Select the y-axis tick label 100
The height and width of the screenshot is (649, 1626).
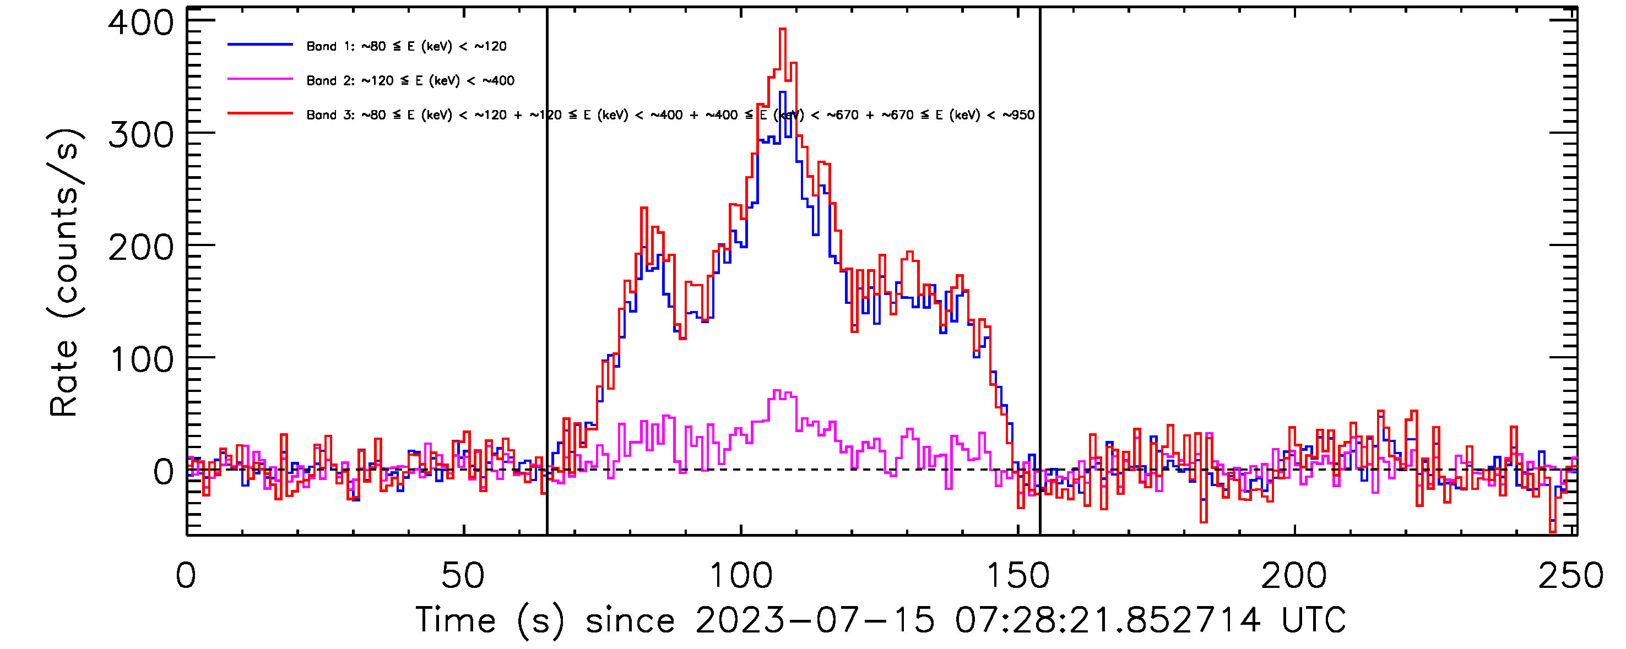pyautogui.click(x=142, y=360)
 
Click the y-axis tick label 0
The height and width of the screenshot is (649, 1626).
pyautogui.click(x=164, y=472)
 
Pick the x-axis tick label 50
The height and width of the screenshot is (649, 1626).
pyautogui.click(x=463, y=576)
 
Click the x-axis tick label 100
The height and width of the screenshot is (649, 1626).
pyautogui.click(x=740, y=576)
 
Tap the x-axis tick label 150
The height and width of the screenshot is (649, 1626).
pyautogui.click(x=1017, y=576)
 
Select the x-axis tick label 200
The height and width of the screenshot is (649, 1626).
pyautogui.click(x=1293, y=576)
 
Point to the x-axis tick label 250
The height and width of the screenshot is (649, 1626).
pyautogui.click(x=1570, y=576)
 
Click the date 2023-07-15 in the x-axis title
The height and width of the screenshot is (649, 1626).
pyautogui.click(x=814, y=620)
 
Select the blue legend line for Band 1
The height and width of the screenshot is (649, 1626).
pyautogui.click(x=260, y=45)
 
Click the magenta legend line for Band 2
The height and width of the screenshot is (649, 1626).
pyautogui.click(x=260, y=79)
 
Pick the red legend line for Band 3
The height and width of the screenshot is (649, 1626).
pyautogui.click(x=260, y=113)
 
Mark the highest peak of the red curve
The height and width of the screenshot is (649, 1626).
pyautogui.click(x=782, y=29)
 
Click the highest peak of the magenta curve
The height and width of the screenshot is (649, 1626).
pyautogui.click(x=777, y=391)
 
